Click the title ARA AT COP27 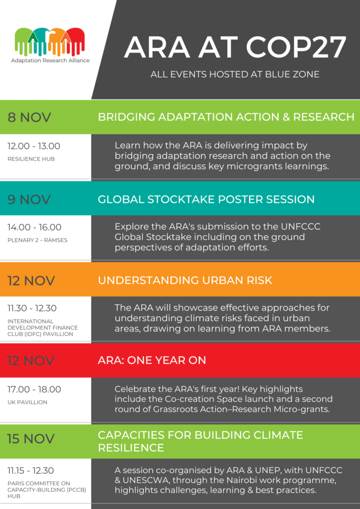tap(235, 48)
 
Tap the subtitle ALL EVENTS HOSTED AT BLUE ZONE tap(235, 75)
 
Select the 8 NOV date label tap(29, 117)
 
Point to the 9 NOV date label tap(29, 199)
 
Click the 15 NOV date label tap(31, 438)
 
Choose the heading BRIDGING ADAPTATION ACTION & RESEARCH tap(226, 117)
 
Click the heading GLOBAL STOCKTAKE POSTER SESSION tap(206, 199)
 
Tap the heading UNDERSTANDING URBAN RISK tap(185, 280)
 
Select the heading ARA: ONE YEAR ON tap(152, 361)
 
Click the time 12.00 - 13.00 tap(34, 146)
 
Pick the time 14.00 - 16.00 tap(34, 227)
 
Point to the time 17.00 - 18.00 tap(34, 389)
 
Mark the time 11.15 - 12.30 tap(30, 470)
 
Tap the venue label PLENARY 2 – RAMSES tap(37, 240)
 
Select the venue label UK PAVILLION tap(27, 402)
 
